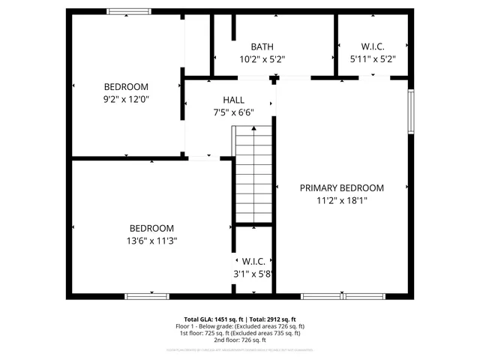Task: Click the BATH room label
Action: [x=262, y=46]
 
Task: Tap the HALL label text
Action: [x=233, y=100]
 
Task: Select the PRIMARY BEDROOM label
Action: [x=342, y=187]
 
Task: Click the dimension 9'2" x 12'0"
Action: [x=126, y=98]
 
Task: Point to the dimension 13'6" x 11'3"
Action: [x=151, y=241]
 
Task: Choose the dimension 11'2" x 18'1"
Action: [x=342, y=200]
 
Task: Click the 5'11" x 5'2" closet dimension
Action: [x=373, y=58]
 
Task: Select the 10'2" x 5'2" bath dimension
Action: [x=262, y=58]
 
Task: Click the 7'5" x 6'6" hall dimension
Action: [x=233, y=112]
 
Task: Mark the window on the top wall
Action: [x=129, y=12]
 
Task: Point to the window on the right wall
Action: [x=411, y=112]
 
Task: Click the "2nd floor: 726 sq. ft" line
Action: [x=240, y=340]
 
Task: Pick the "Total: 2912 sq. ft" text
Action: [x=273, y=319]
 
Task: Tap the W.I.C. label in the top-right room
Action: [x=373, y=46]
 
